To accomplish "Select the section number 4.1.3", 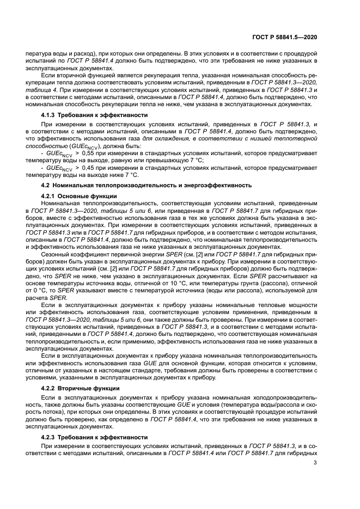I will [51, 115].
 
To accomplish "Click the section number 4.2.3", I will [51, 437].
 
